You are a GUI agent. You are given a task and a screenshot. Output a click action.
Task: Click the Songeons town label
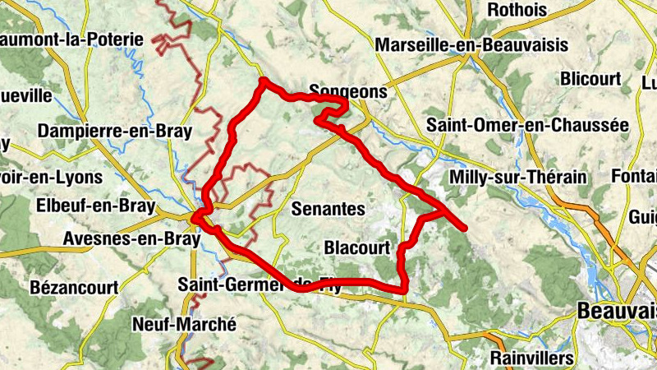(347, 92)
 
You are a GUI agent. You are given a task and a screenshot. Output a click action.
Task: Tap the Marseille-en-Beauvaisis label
(471, 45)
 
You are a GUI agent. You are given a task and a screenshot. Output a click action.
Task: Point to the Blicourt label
(590, 79)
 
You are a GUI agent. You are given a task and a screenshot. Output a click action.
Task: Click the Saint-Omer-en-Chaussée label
(526, 125)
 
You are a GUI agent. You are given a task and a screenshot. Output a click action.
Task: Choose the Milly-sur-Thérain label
(518, 177)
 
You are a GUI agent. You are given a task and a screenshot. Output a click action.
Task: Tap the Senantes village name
(328, 210)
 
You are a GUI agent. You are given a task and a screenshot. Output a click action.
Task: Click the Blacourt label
(356, 247)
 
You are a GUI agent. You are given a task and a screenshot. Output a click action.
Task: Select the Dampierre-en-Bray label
(114, 131)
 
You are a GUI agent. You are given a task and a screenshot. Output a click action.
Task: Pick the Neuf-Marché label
(184, 324)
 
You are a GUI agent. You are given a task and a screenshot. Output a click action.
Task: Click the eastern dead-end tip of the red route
(465, 228)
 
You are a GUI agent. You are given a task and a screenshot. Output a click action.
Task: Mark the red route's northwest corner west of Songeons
(263, 81)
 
